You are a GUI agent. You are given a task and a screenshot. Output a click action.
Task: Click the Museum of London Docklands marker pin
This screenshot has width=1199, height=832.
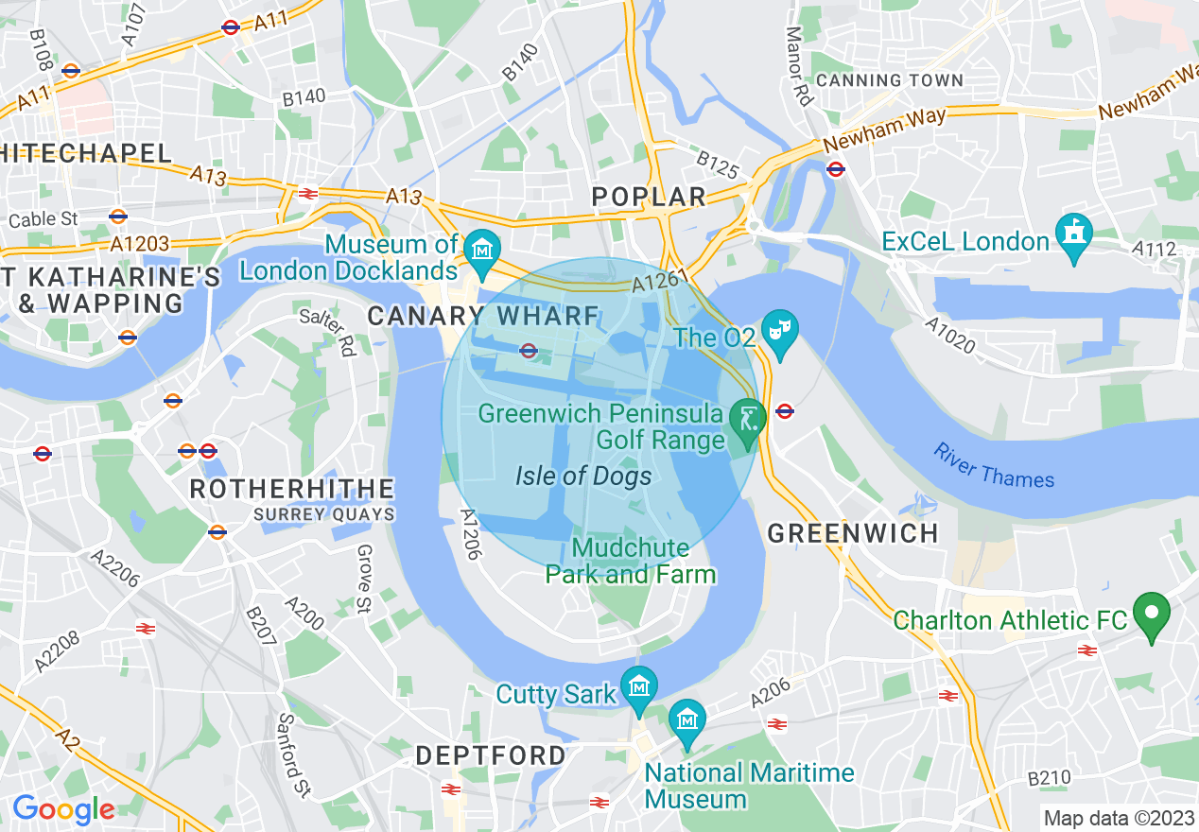(482, 249)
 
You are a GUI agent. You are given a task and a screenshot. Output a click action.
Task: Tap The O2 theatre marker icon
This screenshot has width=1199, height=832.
(780, 331)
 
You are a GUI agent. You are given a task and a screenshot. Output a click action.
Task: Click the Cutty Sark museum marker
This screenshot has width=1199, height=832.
(640, 685)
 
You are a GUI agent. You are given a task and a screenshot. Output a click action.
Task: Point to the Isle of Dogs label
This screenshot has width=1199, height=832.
(583, 476)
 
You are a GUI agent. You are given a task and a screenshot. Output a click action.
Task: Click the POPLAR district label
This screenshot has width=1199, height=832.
(649, 197)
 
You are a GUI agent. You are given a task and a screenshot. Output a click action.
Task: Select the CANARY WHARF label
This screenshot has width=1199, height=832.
(483, 316)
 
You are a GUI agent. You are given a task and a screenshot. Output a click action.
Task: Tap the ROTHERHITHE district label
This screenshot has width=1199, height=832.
(292, 489)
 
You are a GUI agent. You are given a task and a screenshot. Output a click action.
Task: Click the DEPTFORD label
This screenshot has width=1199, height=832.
(491, 755)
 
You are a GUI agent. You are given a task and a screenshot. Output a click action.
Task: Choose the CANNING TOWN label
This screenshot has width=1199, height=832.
(889, 80)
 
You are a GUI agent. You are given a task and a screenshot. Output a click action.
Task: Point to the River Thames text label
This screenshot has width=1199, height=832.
(994, 465)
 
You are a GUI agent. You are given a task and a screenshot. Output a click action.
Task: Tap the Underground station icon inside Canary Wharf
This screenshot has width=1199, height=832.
(529, 351)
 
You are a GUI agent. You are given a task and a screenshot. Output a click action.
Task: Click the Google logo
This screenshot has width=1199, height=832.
(63, 809)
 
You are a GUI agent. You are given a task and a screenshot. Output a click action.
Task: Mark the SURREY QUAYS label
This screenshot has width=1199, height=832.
(323, 514)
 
